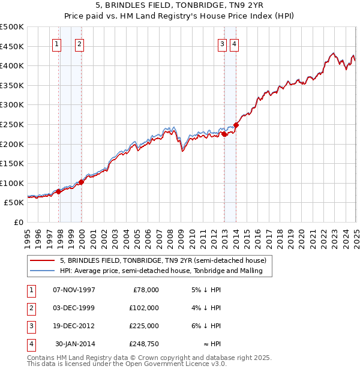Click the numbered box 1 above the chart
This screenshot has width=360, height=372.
56,43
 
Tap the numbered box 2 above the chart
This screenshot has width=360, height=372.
79,43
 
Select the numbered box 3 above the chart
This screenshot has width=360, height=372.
222,43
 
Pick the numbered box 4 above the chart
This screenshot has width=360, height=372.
234,43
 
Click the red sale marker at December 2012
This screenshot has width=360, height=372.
224,134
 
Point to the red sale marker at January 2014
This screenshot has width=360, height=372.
236,125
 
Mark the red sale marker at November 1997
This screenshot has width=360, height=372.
59,191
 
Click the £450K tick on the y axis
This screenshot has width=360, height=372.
12,46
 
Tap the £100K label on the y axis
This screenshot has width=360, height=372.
12,183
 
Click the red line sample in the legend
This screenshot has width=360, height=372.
42,260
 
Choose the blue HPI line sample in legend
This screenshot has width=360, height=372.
42,271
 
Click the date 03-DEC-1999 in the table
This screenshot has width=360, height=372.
74,308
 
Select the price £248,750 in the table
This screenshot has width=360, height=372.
144,344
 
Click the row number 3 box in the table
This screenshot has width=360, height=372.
30,326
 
